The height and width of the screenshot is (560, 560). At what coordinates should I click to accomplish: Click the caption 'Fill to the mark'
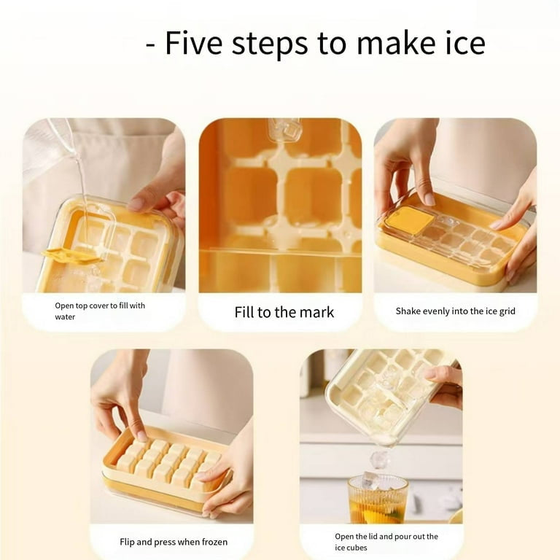point(284,312)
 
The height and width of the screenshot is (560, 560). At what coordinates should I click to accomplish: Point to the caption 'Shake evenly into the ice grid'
point(455,311)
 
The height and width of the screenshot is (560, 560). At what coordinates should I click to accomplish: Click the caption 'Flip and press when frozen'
point(174,542)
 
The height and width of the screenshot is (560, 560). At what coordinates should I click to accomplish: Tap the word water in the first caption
point(65,316)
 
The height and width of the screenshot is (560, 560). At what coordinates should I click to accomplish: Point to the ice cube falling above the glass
point(380,459)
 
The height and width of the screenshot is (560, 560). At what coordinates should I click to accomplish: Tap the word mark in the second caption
point(316,312)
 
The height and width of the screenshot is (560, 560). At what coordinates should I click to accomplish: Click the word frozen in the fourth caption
point(214,542)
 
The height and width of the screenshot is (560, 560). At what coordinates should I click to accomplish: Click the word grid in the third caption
point(507,312)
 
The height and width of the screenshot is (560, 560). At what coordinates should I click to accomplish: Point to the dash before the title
point(151,46)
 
